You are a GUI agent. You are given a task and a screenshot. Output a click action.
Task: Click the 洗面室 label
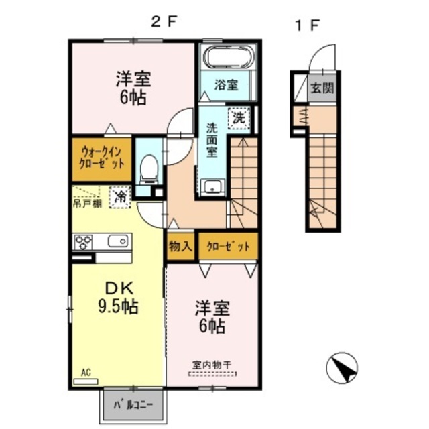(x=212, y=139)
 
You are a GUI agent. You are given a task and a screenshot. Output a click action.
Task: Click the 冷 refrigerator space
(x=120, y=197)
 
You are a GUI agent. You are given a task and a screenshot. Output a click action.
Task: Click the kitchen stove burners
(x=85, y=240)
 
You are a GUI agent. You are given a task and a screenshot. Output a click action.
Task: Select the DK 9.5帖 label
(x=119, y=299)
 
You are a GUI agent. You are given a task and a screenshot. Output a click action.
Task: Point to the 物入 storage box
(x=180, y=246)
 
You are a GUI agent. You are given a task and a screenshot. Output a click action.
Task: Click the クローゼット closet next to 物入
(x=228, y=246)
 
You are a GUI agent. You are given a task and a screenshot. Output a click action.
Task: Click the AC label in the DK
(x=85, y=371)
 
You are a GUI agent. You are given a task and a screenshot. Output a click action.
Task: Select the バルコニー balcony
(x=132, y=406)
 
